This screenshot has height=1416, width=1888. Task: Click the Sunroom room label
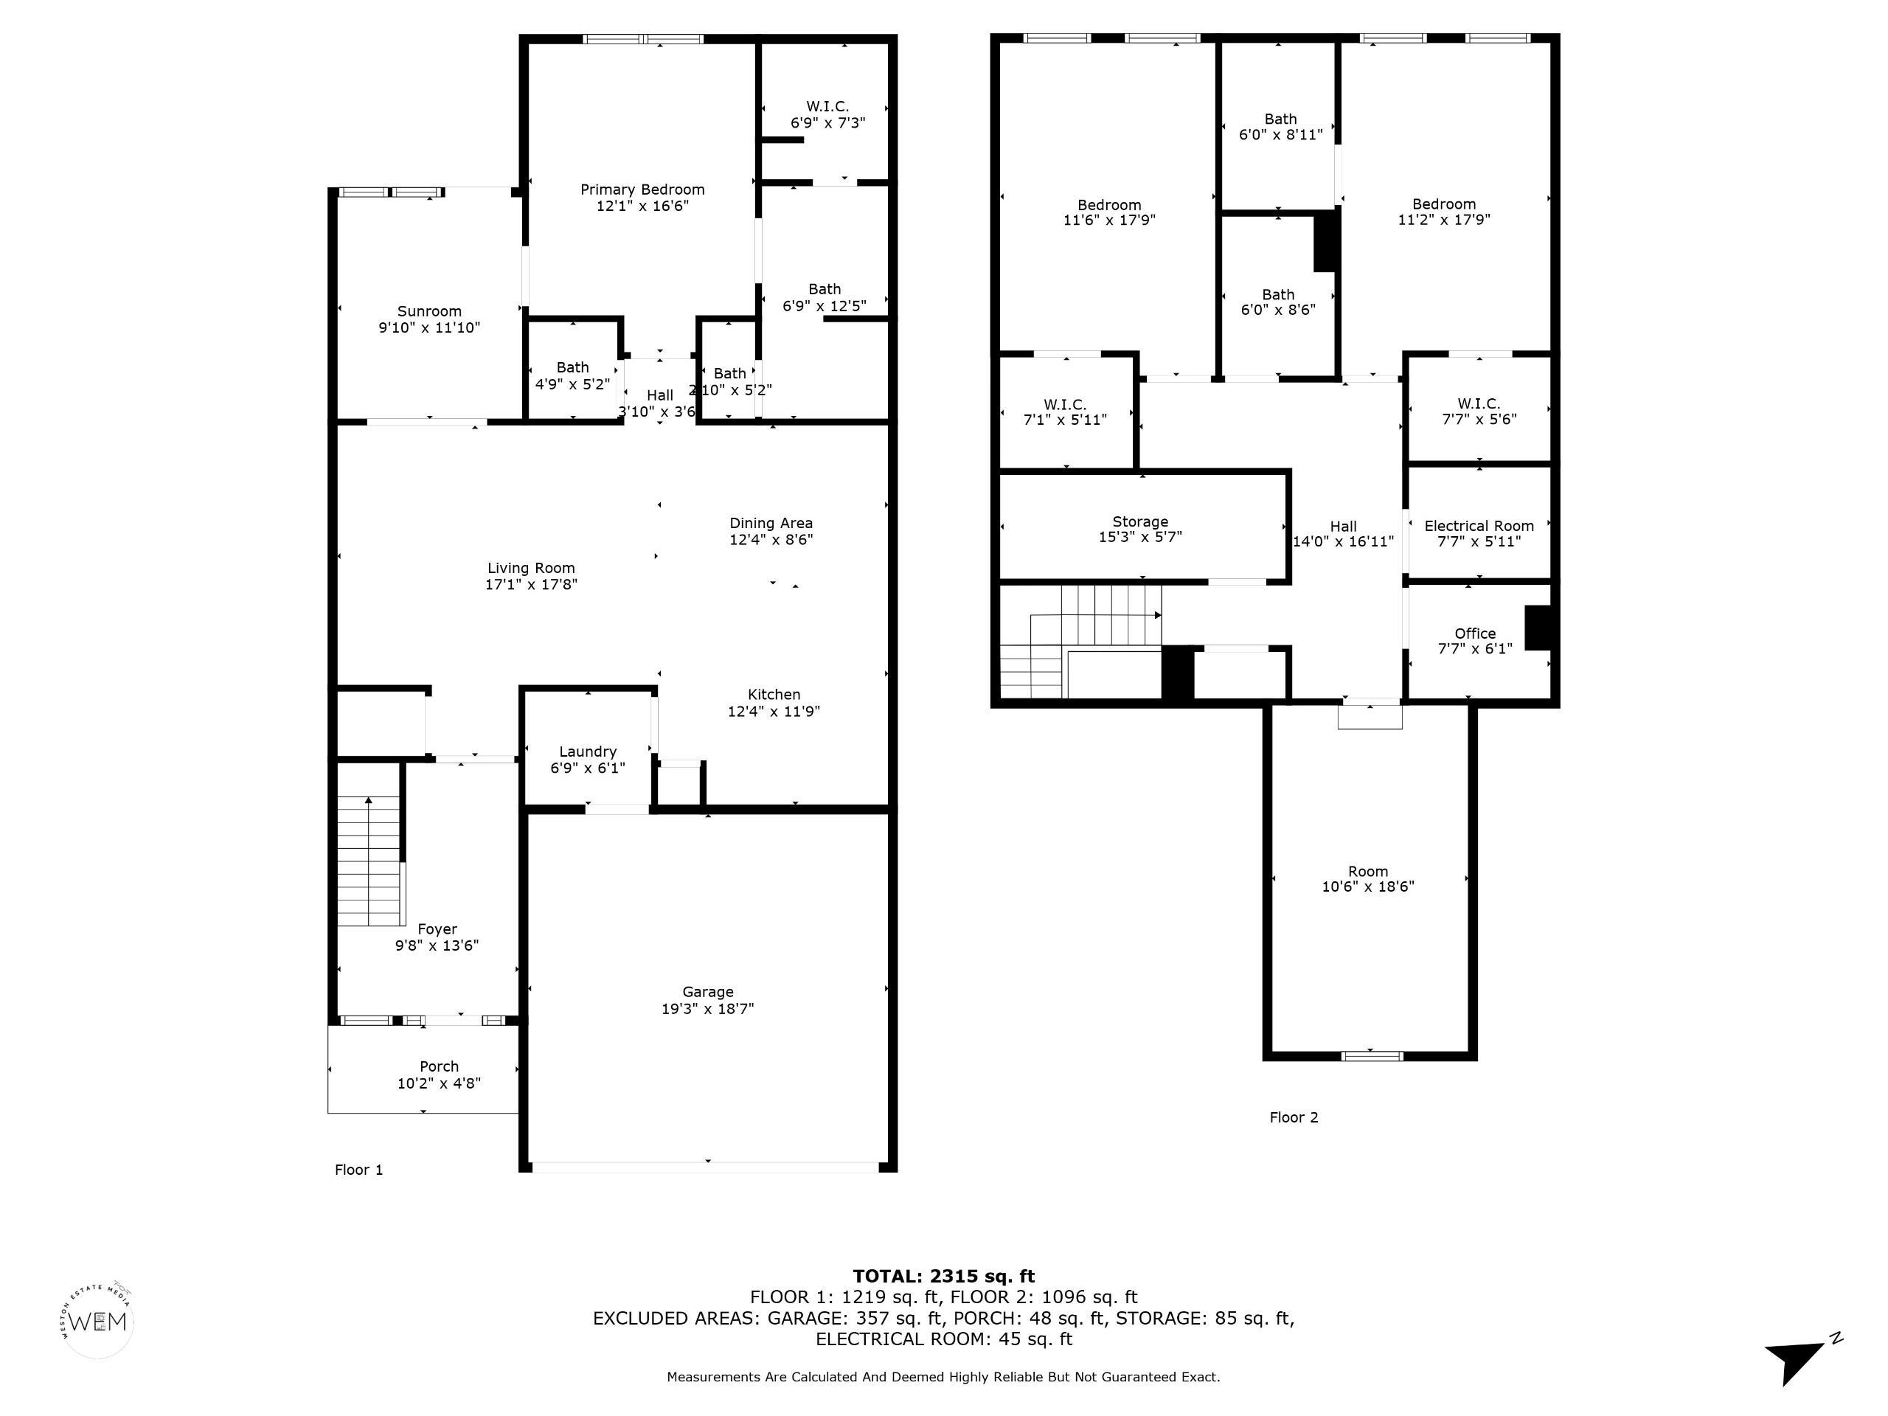click(x=429, y=311)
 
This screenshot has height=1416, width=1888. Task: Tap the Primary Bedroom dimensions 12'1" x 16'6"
click(x=642, y=206)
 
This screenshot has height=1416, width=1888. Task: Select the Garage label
click(x=707, y=992)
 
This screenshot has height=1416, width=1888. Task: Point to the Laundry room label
click(x=587, y=752)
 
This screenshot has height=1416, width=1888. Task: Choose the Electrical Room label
click(x=1479, y=526)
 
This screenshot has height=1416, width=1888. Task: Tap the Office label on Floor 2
click(x=1475, y=634)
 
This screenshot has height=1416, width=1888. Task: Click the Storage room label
click(x=1140, y=521)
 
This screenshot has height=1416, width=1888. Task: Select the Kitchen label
click(x=774, y=695)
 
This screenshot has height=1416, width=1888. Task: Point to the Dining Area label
click(x=771, y=523)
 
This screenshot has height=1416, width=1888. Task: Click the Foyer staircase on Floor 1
click(x=369, y=861)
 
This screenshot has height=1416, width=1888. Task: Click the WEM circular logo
click(x=98, y=1322)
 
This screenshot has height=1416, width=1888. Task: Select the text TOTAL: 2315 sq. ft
click(x=943, y=1276)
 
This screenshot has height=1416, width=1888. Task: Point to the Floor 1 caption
click(x=358, y=1170)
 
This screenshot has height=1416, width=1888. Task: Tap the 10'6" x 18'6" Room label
click(x=1368, y=879)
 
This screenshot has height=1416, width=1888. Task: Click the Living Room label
click(x=531, y=569)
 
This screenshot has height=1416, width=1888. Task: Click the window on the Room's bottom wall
click(x=1372, y=1056)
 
